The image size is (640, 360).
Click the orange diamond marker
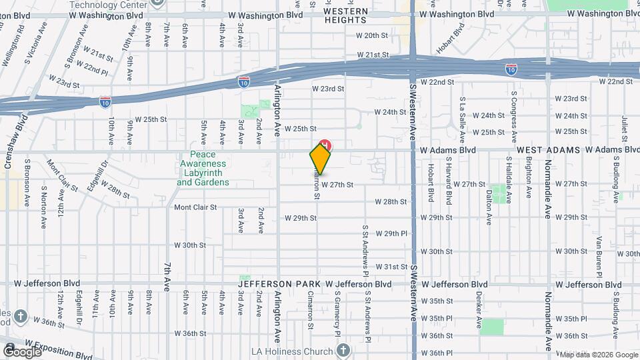[320, 159]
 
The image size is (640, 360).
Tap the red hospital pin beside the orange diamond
[326, 145]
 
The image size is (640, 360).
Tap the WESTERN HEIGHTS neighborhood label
[346, 16]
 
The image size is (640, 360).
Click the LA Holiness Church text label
[291, 351]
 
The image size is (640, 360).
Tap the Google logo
[21, 351]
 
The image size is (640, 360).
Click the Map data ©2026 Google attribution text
[597, 355]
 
